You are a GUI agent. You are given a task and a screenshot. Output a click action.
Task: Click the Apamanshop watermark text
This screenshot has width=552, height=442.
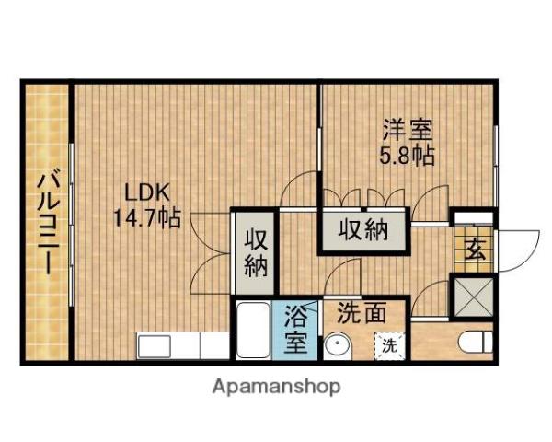(276, 387)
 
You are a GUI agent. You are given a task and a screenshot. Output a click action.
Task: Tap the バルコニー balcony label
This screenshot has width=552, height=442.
(48, 221)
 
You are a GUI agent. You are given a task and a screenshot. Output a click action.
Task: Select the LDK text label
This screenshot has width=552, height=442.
(148, 192)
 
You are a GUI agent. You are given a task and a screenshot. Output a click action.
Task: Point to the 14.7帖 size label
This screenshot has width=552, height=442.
(147, 218)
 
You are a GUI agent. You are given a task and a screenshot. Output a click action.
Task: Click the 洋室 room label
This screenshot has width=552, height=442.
(408, 130)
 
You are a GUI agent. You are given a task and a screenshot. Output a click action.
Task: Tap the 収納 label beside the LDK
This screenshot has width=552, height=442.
(256, 252)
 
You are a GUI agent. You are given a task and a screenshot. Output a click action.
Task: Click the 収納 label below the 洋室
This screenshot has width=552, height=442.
(363, 230)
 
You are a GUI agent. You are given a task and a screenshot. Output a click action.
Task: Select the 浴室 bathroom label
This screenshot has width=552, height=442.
(295, 329)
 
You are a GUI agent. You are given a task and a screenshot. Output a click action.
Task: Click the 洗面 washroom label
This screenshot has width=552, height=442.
(362, 313)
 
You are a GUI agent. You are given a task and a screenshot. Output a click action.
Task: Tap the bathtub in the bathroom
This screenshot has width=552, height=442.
(253, 330)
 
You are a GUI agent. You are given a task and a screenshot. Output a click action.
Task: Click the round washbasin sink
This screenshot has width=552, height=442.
(338, 346)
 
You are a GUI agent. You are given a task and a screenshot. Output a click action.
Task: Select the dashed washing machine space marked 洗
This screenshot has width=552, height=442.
(390, 346)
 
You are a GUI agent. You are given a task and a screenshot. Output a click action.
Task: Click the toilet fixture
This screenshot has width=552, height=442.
(476, 342)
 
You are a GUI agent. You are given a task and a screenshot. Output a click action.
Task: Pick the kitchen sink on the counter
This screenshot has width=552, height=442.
(155, 346)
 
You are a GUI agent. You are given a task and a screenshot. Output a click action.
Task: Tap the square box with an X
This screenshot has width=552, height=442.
(474, 297)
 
